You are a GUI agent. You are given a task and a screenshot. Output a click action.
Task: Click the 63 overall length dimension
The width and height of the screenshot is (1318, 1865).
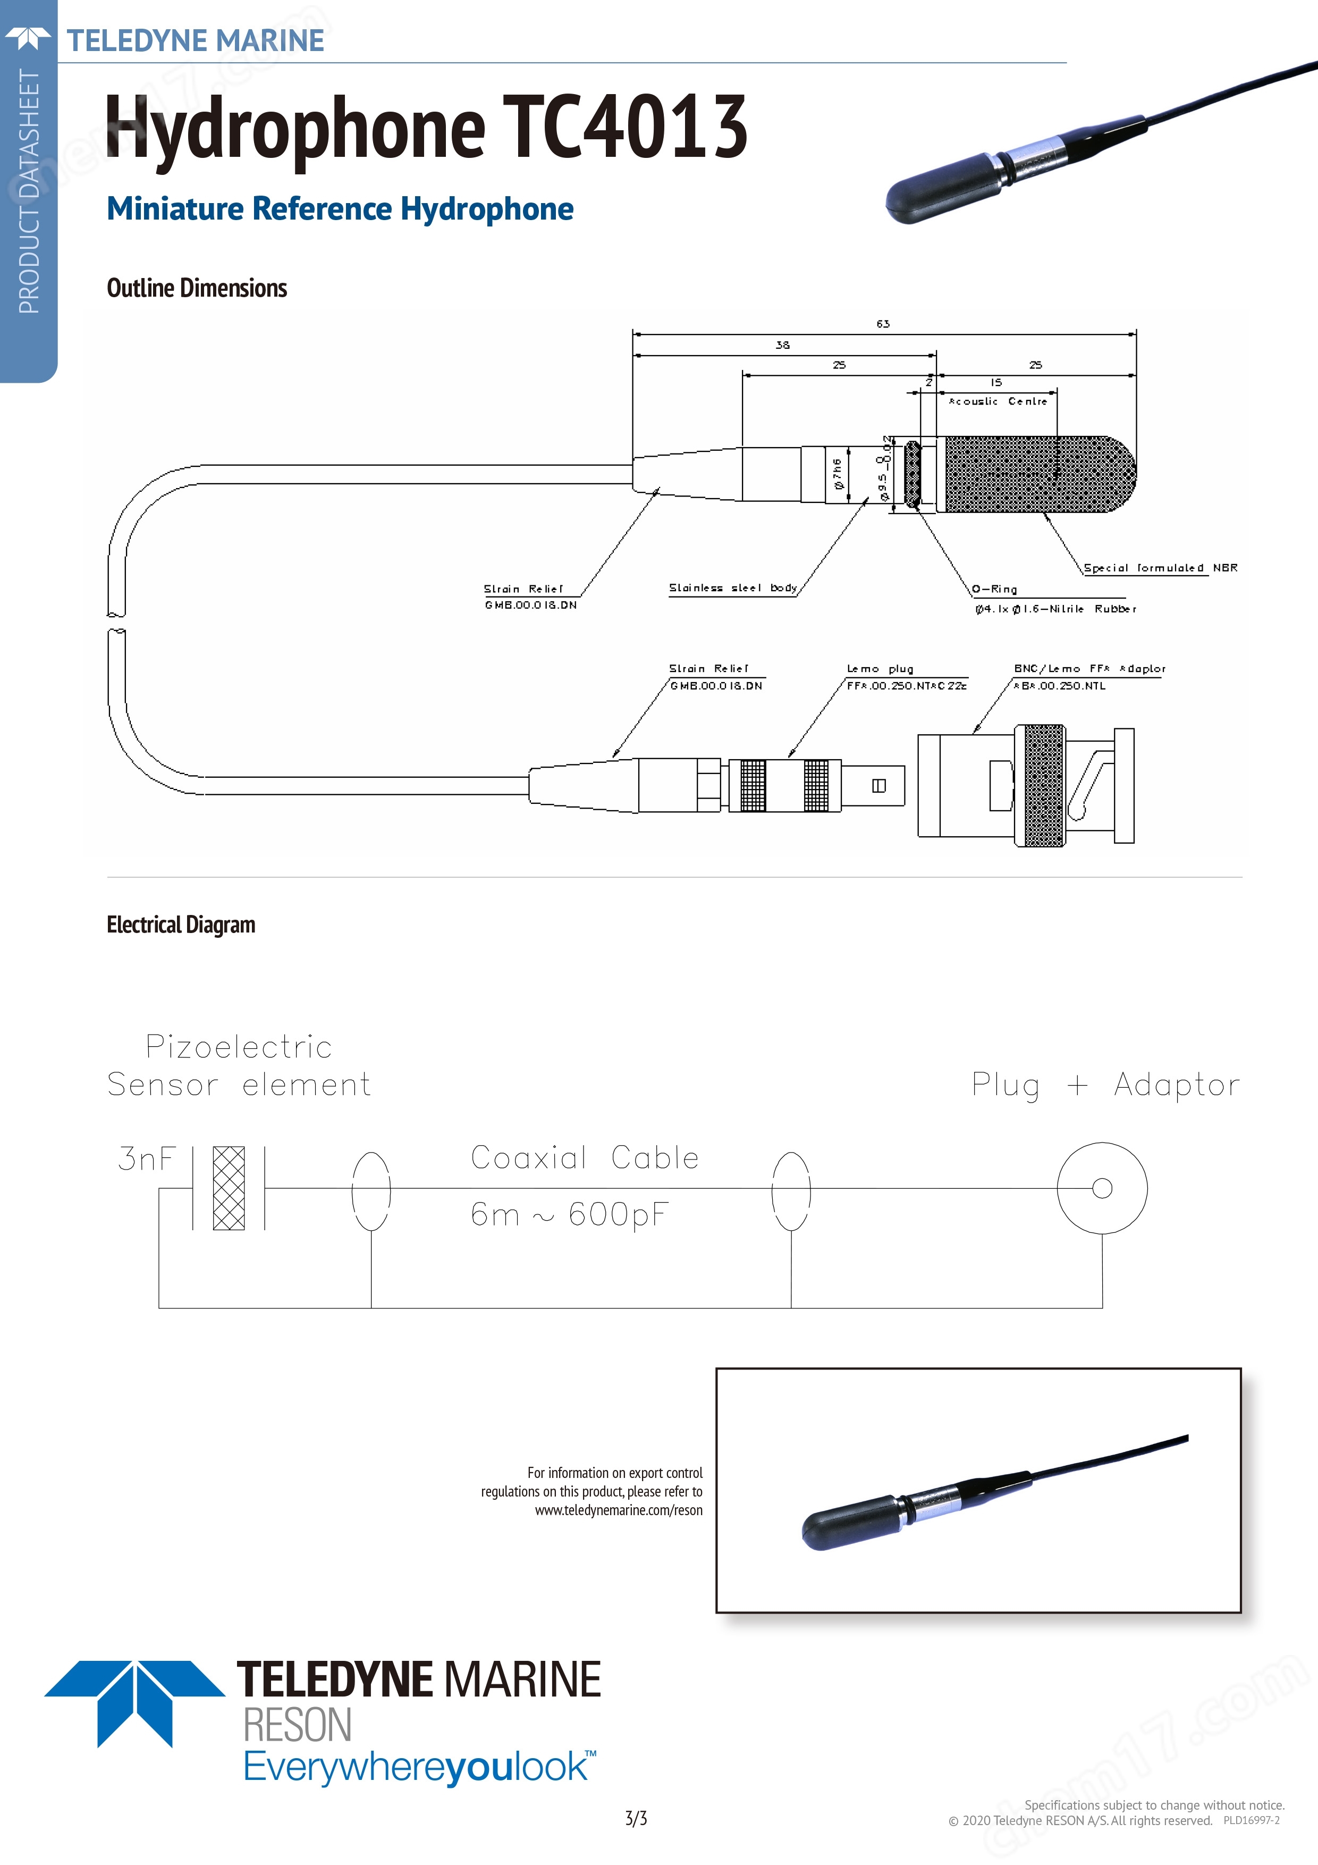coord(883,324)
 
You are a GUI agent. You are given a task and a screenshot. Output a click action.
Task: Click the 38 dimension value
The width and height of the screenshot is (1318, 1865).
coord(782,345)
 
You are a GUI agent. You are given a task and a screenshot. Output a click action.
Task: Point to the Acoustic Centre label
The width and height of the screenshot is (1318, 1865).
coord(998,401)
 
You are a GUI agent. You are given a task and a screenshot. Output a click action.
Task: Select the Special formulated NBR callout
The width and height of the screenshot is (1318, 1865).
coord(1160,568)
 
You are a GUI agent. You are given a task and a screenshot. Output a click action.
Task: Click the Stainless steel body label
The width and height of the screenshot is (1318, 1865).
coord(732,587)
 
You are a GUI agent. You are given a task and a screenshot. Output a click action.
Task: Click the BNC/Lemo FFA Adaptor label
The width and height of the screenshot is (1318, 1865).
coord(1088,668)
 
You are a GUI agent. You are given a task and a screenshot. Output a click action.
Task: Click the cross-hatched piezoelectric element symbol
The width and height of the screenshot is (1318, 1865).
coord(229,1188)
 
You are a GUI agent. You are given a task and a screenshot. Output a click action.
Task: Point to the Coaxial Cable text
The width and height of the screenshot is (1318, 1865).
coord(585,1157)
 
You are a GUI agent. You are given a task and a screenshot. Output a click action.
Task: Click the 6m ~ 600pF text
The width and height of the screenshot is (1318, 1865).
coord(569,1214)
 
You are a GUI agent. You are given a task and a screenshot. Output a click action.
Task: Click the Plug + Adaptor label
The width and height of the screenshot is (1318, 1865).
coord(1105,1085)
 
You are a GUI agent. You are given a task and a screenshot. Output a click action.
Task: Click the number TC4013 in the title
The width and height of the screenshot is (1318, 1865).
coord(624,127)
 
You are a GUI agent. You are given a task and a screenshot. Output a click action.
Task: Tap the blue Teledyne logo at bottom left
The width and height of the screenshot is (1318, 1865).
coord(135,1702)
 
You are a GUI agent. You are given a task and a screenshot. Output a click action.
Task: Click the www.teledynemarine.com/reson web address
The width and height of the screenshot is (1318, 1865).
coord(618,1510)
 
